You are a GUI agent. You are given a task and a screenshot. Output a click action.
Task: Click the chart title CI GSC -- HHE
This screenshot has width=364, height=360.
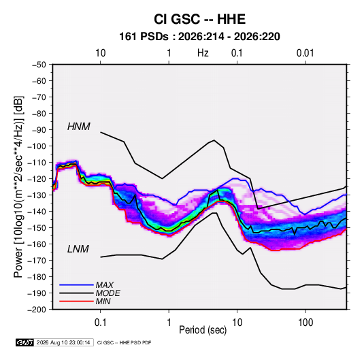[x=199, y=19]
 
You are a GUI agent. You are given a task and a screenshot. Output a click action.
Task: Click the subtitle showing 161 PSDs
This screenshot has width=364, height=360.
[x=199, y=37]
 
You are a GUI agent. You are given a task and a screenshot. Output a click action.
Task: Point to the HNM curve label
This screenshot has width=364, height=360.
[x=79, y=127]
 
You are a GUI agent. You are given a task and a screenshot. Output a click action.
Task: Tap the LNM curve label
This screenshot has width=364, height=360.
[x=78, y=249]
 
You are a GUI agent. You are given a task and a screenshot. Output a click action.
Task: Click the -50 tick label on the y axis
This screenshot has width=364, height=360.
[x=39, y=65]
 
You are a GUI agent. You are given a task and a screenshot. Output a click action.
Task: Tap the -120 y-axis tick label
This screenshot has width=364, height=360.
[x=37, y=179]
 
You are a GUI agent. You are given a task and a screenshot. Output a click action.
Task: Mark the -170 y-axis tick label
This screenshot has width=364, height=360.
[x=37, y=261]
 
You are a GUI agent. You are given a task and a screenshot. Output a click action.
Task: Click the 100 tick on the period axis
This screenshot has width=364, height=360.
[x=305, y=323]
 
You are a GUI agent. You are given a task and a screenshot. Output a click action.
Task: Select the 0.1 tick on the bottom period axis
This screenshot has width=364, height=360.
[x=100, y=323]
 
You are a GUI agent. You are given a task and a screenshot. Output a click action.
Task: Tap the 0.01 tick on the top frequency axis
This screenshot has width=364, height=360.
[x=305, y=53]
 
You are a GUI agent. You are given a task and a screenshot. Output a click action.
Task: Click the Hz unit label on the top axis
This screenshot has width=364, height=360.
[x=203, y=53]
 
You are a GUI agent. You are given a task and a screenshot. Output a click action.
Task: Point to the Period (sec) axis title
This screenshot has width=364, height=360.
[x=203, y=330]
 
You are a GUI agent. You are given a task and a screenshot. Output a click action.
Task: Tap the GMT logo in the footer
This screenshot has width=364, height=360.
[x=24, y=342]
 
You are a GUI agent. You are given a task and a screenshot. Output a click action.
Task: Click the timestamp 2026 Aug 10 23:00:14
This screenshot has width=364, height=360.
[x=63, y=342]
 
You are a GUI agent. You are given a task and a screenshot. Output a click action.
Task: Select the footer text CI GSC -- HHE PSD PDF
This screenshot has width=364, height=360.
[x=125, y=342]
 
